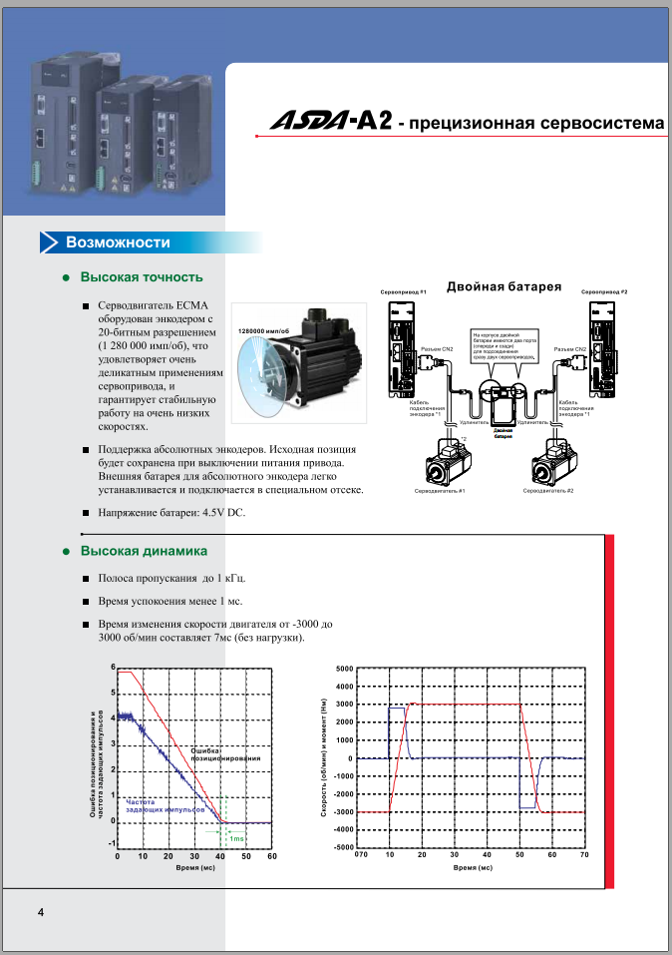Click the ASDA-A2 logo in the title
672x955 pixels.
(330, 122)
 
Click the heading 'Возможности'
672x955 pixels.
(118, 242)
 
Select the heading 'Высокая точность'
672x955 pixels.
(142, 276)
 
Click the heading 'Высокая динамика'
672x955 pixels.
(144, 551)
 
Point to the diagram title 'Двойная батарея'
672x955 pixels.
(504, 286)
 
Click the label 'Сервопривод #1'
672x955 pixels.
(403, 291)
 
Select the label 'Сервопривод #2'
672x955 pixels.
(604, 291)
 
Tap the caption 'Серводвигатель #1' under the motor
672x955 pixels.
(440, 491)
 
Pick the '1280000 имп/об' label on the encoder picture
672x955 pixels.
(263, 330)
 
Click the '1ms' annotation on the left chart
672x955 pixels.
(237, 839)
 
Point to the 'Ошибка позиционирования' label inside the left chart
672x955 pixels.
(225, 754)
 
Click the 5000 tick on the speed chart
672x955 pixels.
(344, 669)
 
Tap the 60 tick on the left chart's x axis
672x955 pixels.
(271, 856)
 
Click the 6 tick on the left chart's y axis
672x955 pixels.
(114, 667)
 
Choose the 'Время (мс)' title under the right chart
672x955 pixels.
(473, 868)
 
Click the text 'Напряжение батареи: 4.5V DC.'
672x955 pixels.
(170, 513)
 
